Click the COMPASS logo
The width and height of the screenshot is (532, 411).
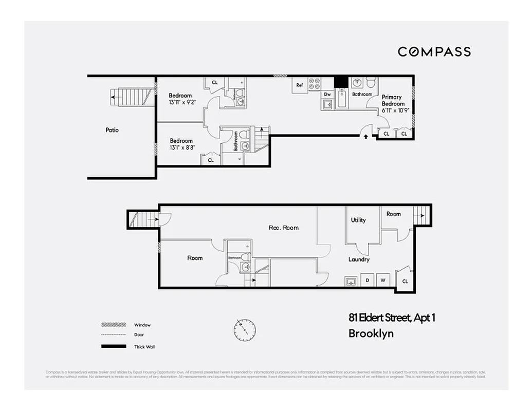pyautogui.click(x=434, y=51)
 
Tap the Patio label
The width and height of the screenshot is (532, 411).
pyautogui.click(x=112, y=130)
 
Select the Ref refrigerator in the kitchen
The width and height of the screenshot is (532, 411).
pyautogui.click(x=300, y=85)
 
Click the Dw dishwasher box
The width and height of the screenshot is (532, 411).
pyautogui.click(x=327, y=95)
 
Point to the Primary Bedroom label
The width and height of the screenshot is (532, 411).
pyautogui.click(x=392, y=100)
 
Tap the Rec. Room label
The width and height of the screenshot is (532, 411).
pyautogui.click(x=284, y=228)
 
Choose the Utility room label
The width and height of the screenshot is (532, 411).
pyautogui.click(x=358, y=220)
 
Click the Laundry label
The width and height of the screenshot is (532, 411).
pyautogui.click(x=359, y=259)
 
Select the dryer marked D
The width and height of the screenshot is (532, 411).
pyautogui.click(x=368, y=281)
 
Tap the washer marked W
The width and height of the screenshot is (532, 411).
pyautogui.click(x=382, y=281)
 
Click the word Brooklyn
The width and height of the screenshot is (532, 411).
pyautogui.click(x=371, y=333)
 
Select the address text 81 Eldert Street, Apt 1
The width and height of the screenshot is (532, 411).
pyautogui.click(x=392, y=318)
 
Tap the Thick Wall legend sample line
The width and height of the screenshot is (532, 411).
pyautogui.click(x=114, y=347)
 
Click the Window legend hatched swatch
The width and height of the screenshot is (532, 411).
pyautogui.click(x=114, y=325)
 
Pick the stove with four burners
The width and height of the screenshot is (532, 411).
pyautogui.click(x=314, y=84)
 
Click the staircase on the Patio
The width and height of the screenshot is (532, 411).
pyautogui.click(x=132, y=96)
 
